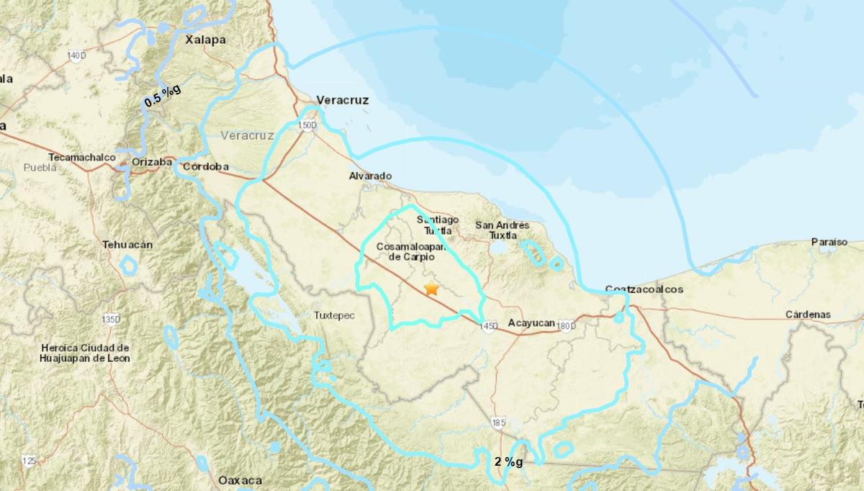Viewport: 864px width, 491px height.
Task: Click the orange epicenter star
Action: pyautogui.click(x=431, y=289)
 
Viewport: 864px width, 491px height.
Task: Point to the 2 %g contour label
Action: pyautogui.click(x=508, y=461)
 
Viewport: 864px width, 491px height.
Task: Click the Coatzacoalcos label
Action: pyautogui.click(x=644, y=289)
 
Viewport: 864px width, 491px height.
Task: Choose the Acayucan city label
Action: pyautogui.click(x=531, y=324)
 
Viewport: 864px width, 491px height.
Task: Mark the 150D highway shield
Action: pyautogui.click(x=307, y=125)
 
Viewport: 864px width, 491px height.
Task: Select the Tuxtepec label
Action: pyautogui.click(x=335, y=315)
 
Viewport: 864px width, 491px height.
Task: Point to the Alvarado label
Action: pyautogui.click(x=370, y=176)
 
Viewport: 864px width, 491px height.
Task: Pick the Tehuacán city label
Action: pyautogui.click(x=127, y=244)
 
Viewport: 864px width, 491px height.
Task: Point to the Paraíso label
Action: pyautogui.click(x=829, y=242)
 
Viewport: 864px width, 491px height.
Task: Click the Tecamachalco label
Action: pyautogui.click(x=81, y=157)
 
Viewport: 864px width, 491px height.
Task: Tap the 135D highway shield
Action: pyautogui.click(x=112, y=318)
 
